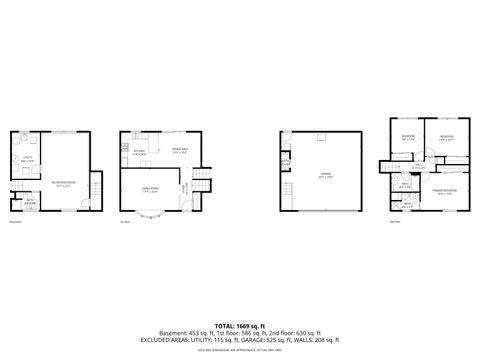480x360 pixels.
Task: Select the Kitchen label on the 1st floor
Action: tap(138, 153)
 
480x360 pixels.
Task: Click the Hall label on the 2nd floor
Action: tap(416, 166)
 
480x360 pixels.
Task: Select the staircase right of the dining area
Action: tap(202, 180)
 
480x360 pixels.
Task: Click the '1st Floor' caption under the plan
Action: tap(125, 221)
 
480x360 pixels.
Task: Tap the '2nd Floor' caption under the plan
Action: tap(395, 221)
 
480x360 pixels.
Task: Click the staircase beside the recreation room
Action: tap(96, 186)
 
